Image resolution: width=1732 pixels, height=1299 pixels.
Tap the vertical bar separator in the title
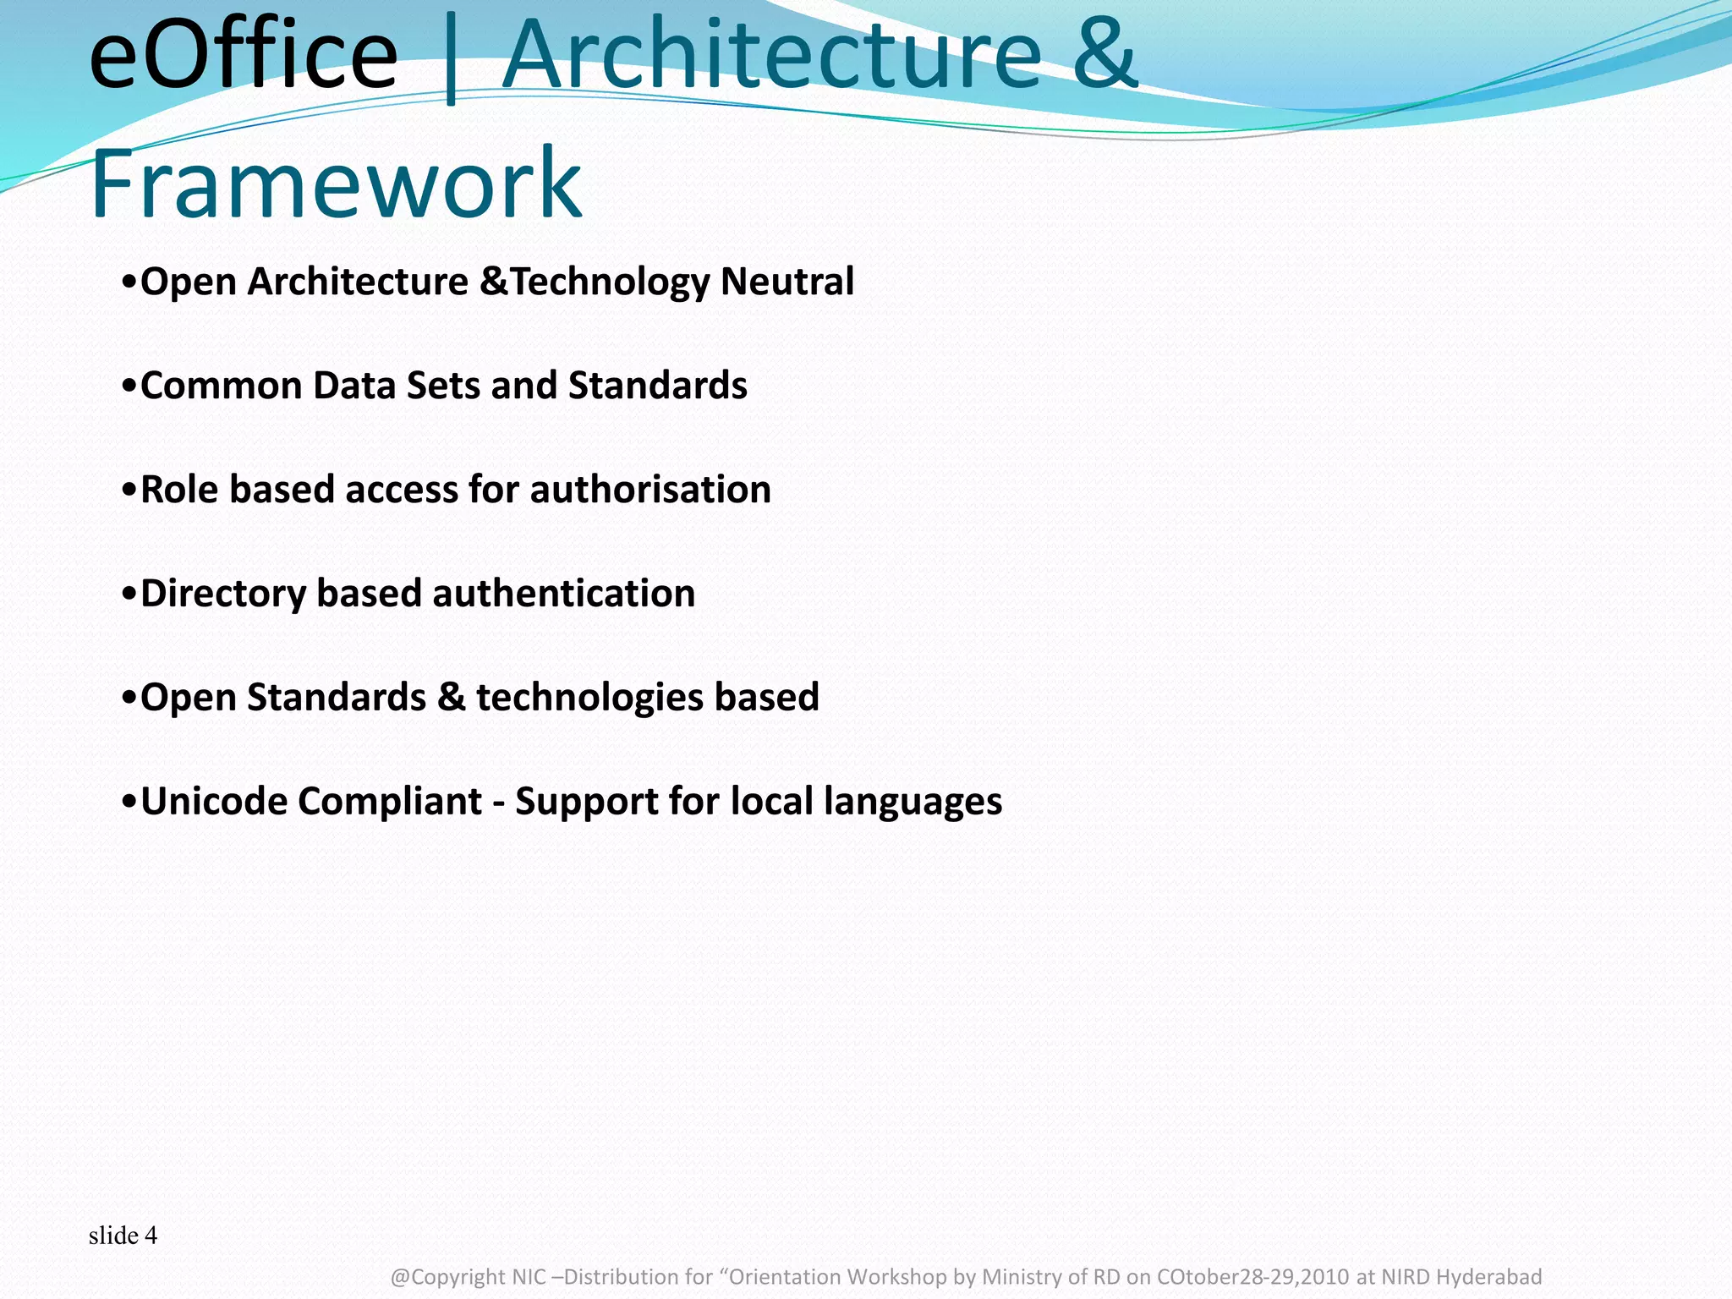450,59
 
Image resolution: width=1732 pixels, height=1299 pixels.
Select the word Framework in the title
336,183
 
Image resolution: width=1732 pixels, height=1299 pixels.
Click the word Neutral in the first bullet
787,281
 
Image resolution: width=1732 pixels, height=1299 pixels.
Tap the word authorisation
650,490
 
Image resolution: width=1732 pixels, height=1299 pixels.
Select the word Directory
222,594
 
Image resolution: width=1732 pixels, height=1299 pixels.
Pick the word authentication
564,594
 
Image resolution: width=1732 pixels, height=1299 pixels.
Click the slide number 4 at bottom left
151,1236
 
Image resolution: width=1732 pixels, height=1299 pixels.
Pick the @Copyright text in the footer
447,1277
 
